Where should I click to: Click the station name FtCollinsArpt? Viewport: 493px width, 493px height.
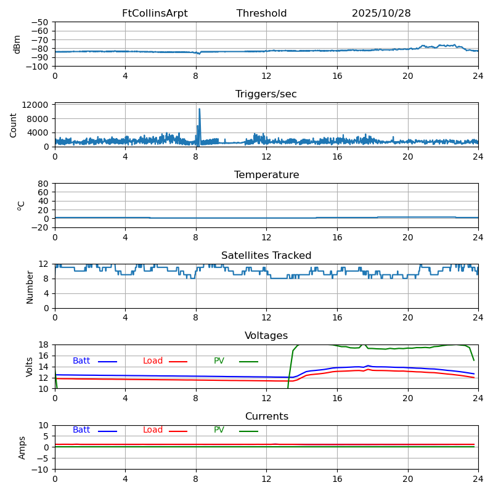[155, 14]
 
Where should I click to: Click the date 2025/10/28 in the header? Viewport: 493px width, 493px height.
[381, 14]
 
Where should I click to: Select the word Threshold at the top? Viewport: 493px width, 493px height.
[261, 14]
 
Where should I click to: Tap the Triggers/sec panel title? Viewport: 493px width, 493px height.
[266, 94]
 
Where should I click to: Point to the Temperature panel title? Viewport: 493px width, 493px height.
[266, 175]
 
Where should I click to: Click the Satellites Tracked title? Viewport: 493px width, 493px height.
[266, 256]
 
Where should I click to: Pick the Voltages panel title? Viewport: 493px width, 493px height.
[266, 336]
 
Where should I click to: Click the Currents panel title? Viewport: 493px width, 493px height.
[266, 417]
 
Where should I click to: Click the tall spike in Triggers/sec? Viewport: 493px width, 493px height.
[199, 110]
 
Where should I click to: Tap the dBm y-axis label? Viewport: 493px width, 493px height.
[17, 44]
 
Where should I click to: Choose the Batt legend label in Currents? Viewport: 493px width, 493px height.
[81, 430]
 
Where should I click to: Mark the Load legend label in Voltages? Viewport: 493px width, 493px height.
[153, 361]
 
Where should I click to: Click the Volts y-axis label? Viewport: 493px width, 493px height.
[30, 366]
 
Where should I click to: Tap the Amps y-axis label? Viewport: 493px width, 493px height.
[22, 447]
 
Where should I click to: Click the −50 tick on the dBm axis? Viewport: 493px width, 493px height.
[39, 22]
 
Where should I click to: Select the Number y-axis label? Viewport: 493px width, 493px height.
[30, 287]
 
